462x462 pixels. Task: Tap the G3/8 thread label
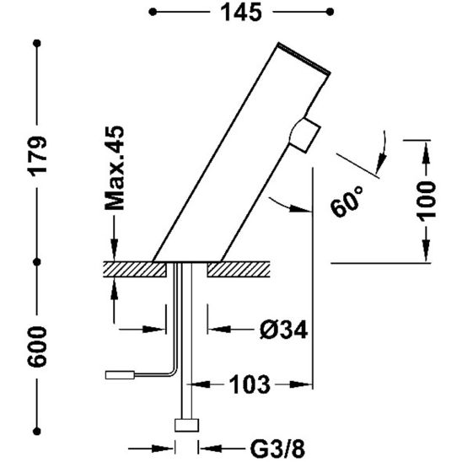pyautogui.click(x=264, y=448)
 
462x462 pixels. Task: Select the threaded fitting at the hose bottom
pyautogui.click(x=185, y=425)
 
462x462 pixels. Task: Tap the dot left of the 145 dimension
pyautogui.click(x=153, y=13)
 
